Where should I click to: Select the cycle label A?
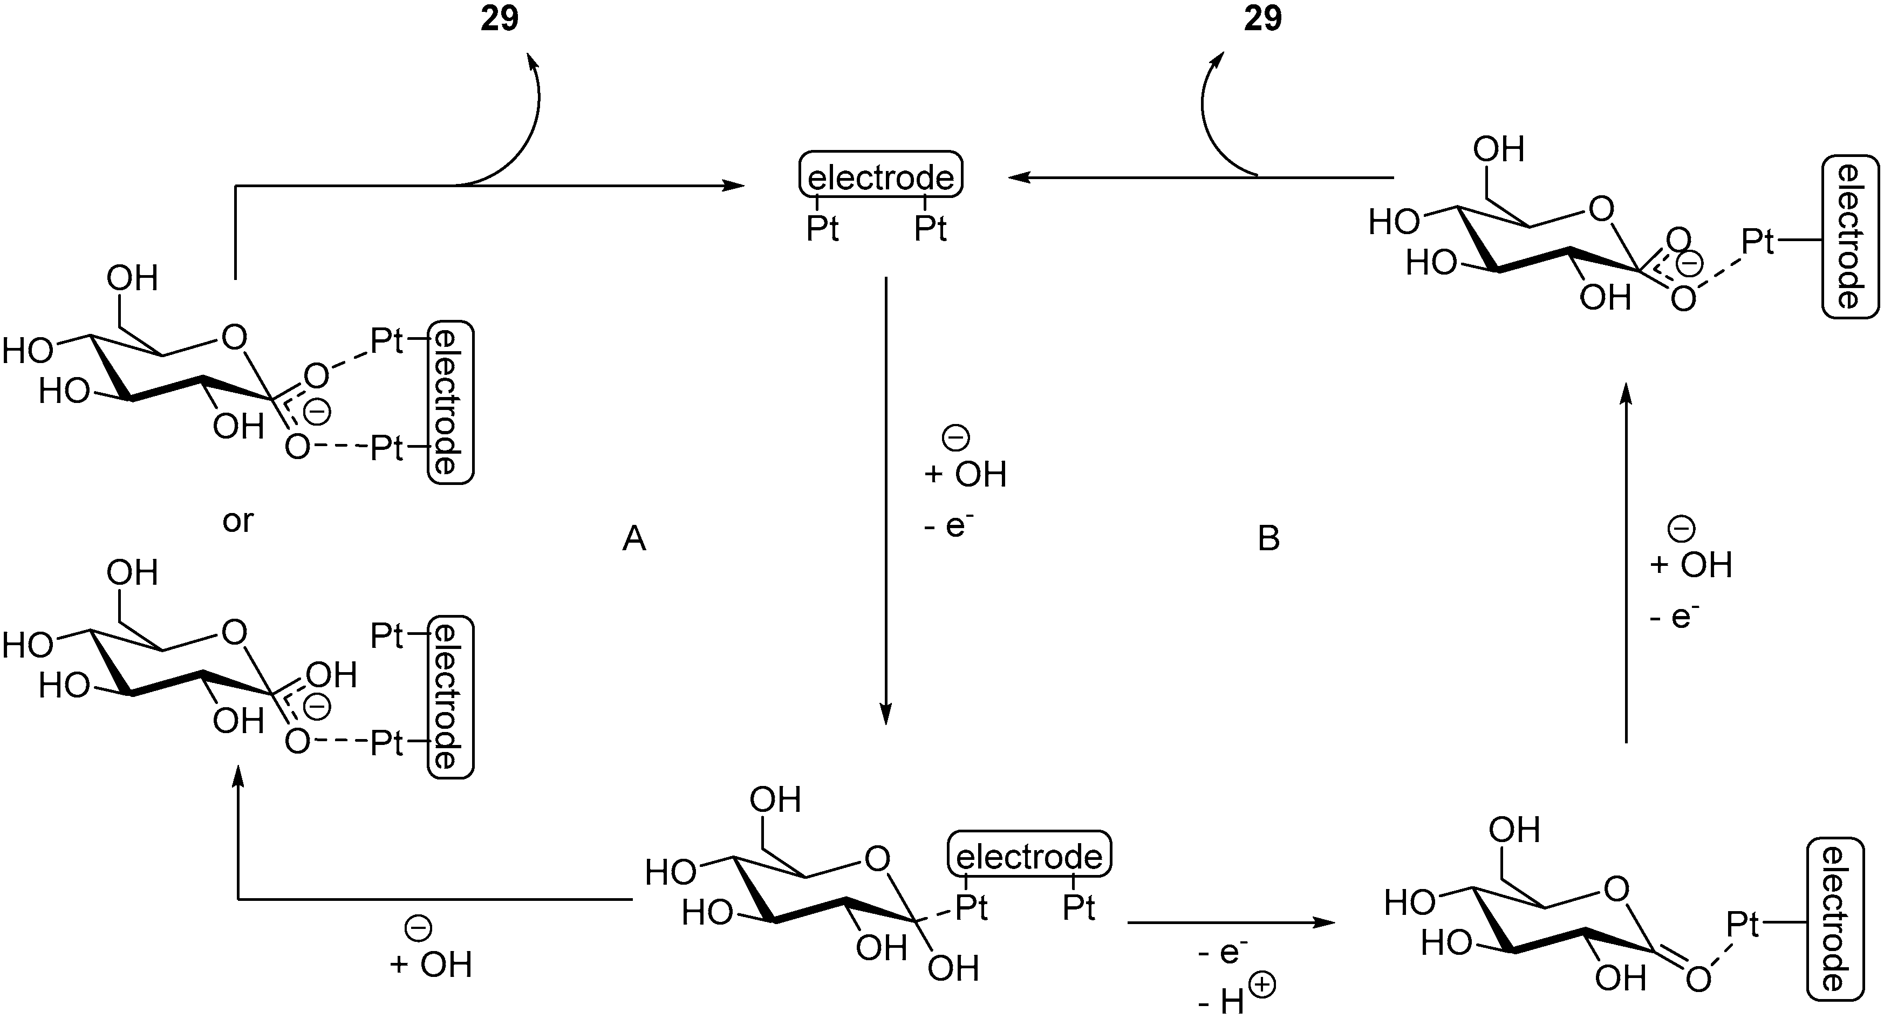(x=633, y=540)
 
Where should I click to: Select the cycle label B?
(x=1268, y=539)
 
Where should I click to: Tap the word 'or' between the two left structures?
(x=238, y=521)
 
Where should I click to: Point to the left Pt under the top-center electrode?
(x=822, y=229)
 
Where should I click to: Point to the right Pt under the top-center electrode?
(x=930, y=229)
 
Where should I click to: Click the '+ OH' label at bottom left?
(x=432, y=964)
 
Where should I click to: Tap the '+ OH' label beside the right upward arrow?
(x=1691, y=564)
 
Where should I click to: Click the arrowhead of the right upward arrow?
(x=1625, y=393)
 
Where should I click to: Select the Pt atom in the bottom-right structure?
(x=1742, y=925)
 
